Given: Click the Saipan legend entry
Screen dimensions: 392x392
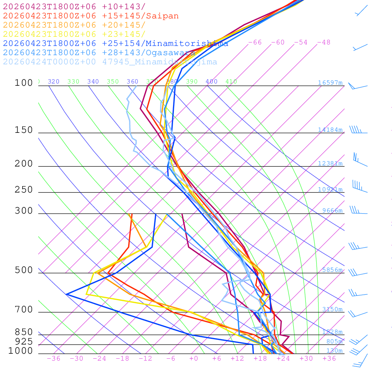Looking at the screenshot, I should (x=91, y=16).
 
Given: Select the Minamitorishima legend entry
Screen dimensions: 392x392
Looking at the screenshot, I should (x=116, y=44).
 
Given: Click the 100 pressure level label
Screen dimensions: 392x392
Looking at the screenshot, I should (x=24, y=83).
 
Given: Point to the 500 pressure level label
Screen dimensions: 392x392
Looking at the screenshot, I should (x=24, y=271).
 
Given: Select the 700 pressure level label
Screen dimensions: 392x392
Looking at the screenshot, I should (x=24, y=310).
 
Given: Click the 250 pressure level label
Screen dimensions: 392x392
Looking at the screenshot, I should (x=24, y=190).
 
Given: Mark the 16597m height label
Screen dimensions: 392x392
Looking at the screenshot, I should (x=330, y=83).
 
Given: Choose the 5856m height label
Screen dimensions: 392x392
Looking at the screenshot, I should (x=332, y=270).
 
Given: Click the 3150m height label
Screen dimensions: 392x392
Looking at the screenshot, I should (x=332, y=309).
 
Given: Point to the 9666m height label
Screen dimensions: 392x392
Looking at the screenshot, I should (x=332, y=211).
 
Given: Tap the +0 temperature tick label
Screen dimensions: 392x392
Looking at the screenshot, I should (x=194, y=359).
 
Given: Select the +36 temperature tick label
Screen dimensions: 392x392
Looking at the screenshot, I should (x=329, y=359).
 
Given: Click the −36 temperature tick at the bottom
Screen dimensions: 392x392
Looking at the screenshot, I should (x=53, y=359).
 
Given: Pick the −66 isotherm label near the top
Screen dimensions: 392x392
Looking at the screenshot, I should (x=255, y=42).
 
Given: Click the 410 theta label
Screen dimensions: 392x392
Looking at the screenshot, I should (x=231, y=82).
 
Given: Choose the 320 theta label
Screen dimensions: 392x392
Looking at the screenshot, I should (x=54, y=82).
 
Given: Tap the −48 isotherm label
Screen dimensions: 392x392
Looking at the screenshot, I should (x=323, y=42).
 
